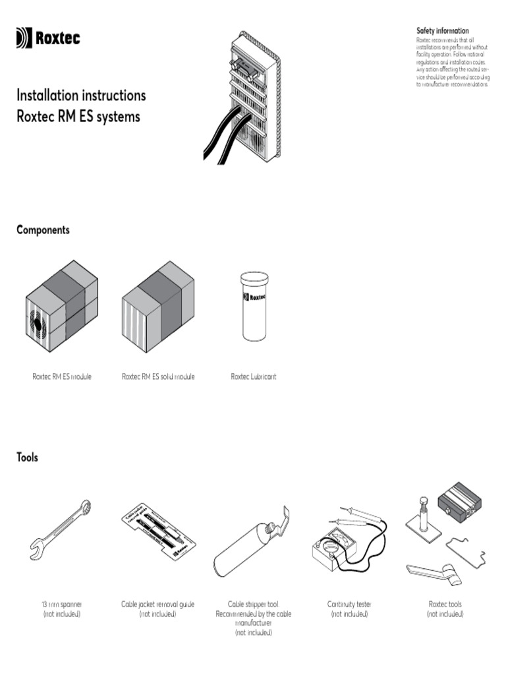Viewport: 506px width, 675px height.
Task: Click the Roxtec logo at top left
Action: tap(48, 39)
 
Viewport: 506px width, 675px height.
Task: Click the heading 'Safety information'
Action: tap(442, 30)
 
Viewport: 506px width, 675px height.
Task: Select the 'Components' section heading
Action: tap(43, 230)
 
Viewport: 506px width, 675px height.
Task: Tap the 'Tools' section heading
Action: tap(27, 457)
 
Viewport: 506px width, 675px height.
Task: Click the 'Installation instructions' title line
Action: tap(81, 96)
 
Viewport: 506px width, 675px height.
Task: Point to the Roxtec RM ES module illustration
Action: tap(61, 308)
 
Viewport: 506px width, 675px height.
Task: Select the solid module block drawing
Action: tap(158, 308)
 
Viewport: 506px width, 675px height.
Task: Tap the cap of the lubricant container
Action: tap(254, 278)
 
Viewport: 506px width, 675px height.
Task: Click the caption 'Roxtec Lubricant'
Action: tap(253, 376)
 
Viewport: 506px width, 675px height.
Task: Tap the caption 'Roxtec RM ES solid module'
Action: tap(158, 376)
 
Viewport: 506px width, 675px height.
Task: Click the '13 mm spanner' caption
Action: tap(61, 604)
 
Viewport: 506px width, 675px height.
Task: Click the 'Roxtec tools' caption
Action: tap(445, 604)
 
